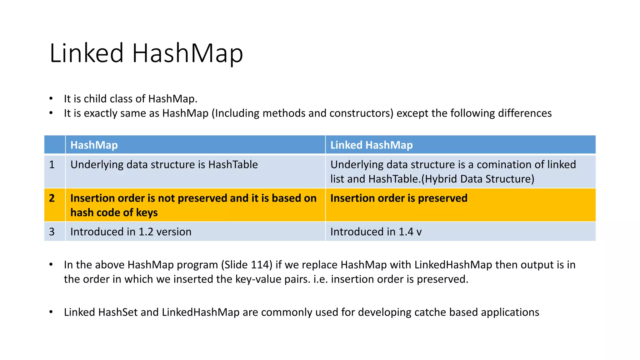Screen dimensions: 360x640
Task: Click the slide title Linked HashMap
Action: click(x=146, y=53)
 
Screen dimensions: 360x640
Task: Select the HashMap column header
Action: click(x=94, y=145)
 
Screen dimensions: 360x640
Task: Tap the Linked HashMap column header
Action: click(x=371, y=145)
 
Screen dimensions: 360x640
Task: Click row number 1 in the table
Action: click(x=52, y=165)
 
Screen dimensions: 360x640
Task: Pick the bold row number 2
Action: click(x=52, y=198)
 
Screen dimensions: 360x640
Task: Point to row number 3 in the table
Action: click(x=52, y=232)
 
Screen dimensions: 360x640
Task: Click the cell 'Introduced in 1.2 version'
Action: click(x=131, y=232)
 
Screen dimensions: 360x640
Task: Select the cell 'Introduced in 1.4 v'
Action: click(x=376, y=232)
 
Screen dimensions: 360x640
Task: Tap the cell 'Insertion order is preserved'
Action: click(x=399, y=198)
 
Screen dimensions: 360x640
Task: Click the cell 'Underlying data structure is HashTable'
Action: click(x=164, y=165)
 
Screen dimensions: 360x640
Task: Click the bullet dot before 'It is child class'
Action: click(x=51, y=99)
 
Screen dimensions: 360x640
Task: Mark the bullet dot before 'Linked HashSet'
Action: click(x=51, y=312)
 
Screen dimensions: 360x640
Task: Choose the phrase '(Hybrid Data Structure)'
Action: click(x=478, y=179)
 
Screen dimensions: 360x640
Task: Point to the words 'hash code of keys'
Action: click(x=114, y=212)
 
